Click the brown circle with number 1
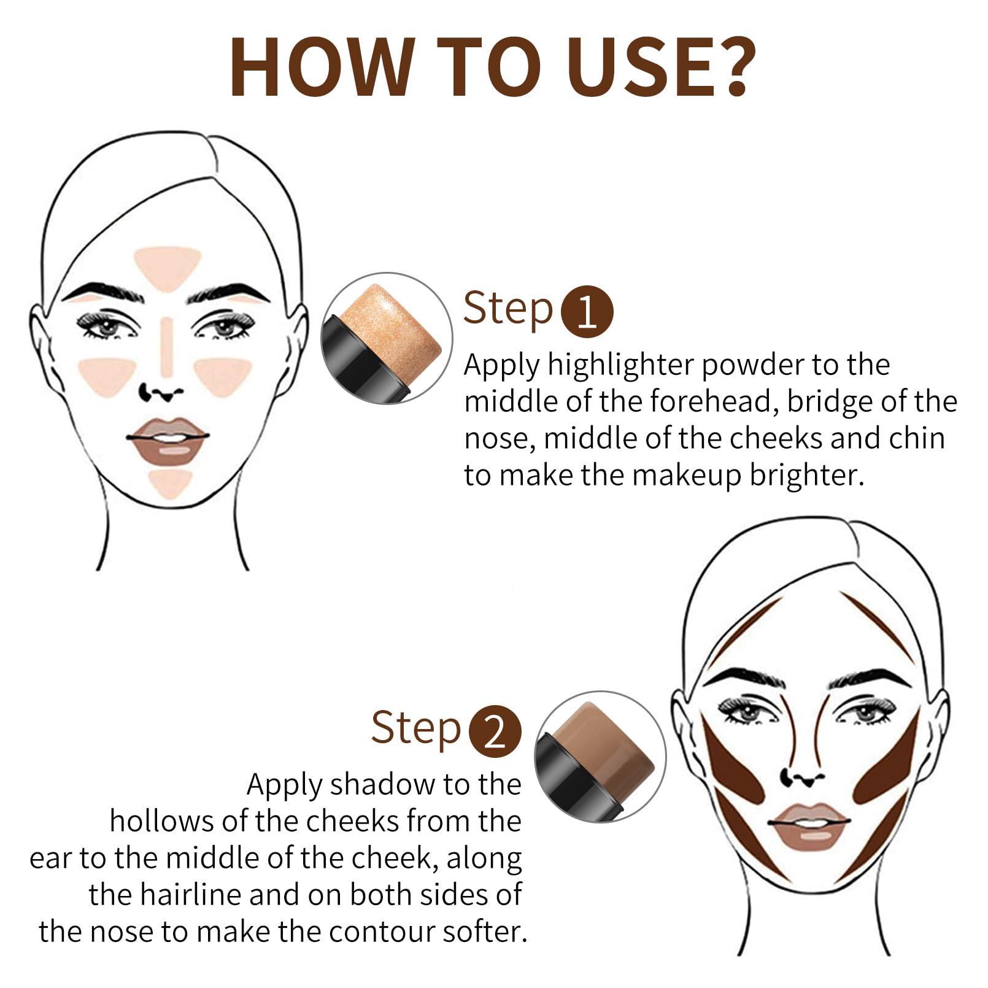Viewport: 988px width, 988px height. coord(587,311)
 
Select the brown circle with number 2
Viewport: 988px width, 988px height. coord(495,731)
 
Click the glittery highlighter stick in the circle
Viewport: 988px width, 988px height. coord(389,331)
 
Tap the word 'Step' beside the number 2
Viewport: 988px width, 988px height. coord(415,729)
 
